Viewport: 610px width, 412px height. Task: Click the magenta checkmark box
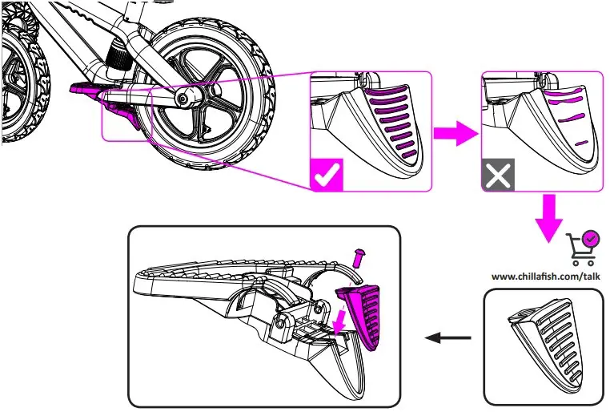326,175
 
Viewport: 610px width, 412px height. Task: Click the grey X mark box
498,176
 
